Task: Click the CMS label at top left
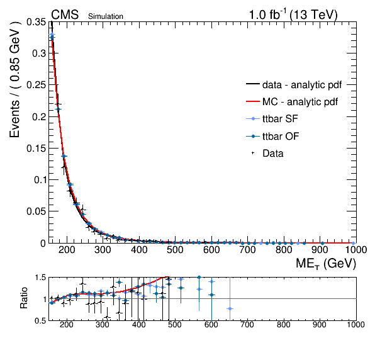pos(65,14)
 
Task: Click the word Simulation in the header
pos(106,16)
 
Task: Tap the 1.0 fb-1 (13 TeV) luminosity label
pos(293,14)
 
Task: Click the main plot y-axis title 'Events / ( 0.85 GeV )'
pos(14,79)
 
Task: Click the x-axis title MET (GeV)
pos(326,264)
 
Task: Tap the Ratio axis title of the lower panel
pos(24,298)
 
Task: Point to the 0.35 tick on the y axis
pos(36,22)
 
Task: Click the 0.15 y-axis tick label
pos(36,149)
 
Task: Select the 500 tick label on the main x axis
pos(175,250)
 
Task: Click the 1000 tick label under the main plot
pos(356,250)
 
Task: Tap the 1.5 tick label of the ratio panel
pos(40,278)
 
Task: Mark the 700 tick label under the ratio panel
pos(247,325)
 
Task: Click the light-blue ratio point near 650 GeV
pos(230,309)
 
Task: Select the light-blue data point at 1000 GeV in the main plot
pos(354,244)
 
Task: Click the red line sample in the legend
pos(253,102)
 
